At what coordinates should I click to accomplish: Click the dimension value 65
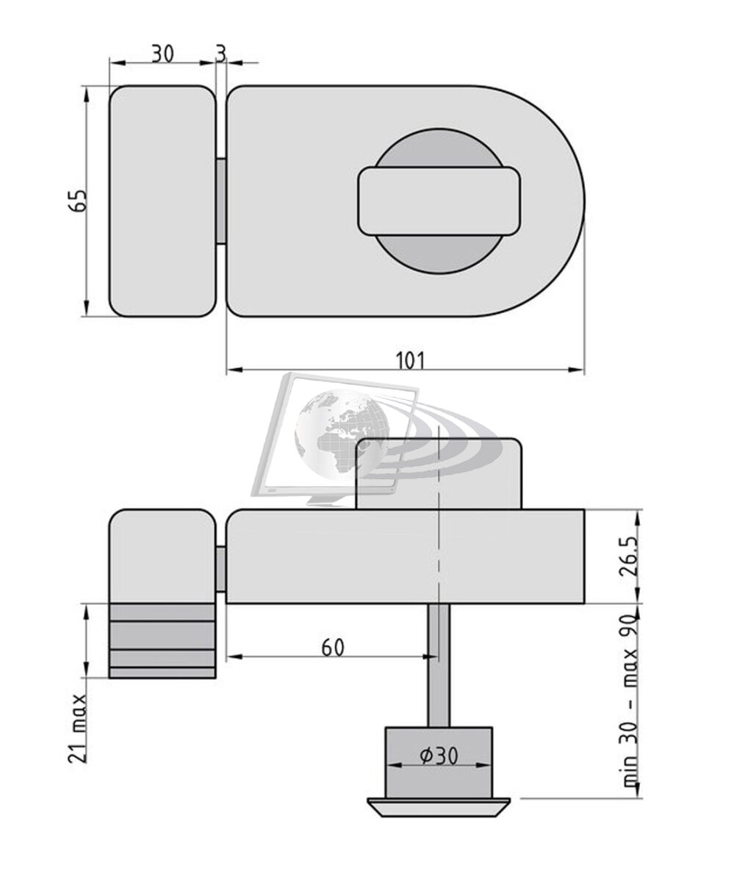(x=79, y=200)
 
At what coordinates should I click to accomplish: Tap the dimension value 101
(x=410, y=361)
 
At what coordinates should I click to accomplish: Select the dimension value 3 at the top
(x=221, y=54)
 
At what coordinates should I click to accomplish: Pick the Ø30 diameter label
(x=439, y=756)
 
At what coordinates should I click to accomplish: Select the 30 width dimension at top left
(x=162, y=54)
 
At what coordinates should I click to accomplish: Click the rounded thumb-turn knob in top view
(x=439, y=201)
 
